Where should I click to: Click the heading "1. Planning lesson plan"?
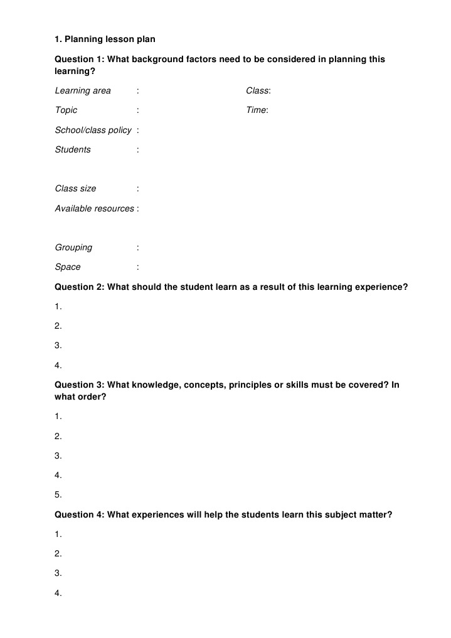(x=105, y=39)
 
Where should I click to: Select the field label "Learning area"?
(x=83, y=91)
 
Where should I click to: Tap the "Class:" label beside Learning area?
(x=258, y=91)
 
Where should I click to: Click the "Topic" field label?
(x=66, y=110)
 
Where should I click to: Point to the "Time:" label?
(x=257, y=110)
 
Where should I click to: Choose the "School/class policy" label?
(x=93, y=130)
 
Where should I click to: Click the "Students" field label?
(x=73, y=149)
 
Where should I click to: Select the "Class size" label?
(x=75, y=188)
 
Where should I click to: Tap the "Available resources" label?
(x=94, y=208)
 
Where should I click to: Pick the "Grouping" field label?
(x=73, y=247)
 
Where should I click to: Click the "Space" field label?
(x=68, y=267)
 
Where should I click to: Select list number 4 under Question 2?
(x=58, y=365)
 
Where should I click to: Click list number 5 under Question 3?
(x=58, y=494)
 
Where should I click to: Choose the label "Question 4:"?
(x=80, y=514)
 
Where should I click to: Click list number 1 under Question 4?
(x=58, y=534)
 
